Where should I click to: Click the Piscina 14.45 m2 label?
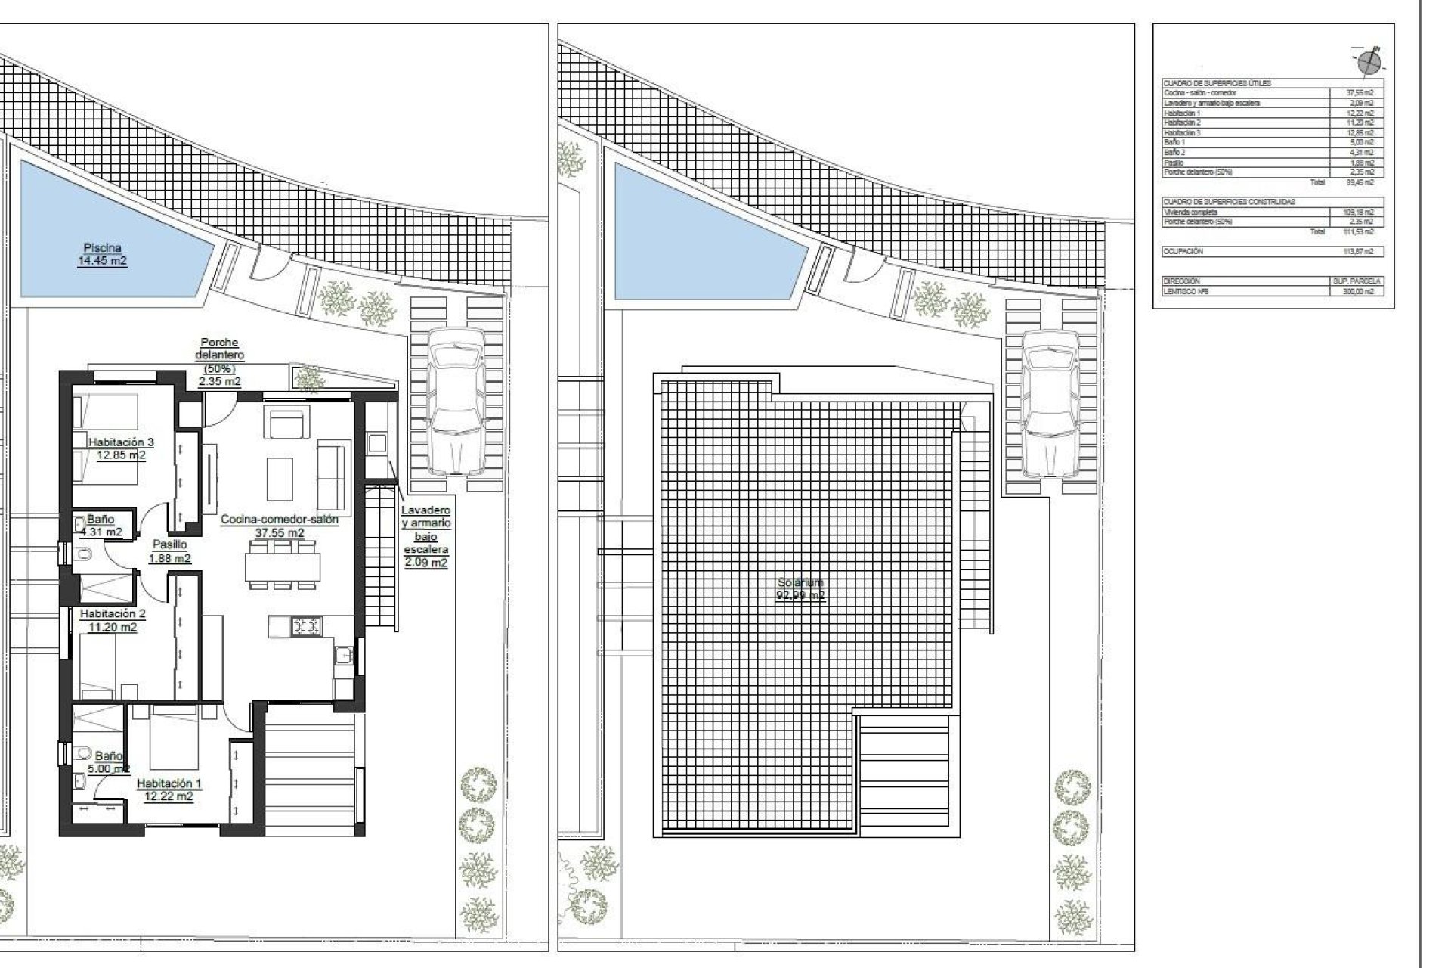click(102, 255)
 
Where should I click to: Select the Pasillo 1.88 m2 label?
click(169, 551)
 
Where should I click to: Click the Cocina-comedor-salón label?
click(280, 526)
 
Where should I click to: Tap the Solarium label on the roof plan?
click(800, 588)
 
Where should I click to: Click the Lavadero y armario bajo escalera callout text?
click(425, 536)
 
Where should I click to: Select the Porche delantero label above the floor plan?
click(220, 361)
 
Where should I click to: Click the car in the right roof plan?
click(1050, 402)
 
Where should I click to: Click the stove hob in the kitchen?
click(306, 625)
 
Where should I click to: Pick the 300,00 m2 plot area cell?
click(1364, 291)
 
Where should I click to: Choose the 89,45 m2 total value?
click(1364, 182)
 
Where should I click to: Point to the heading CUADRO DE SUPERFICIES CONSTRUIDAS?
click(1229, 202)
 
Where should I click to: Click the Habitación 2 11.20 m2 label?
click(113, 620)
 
